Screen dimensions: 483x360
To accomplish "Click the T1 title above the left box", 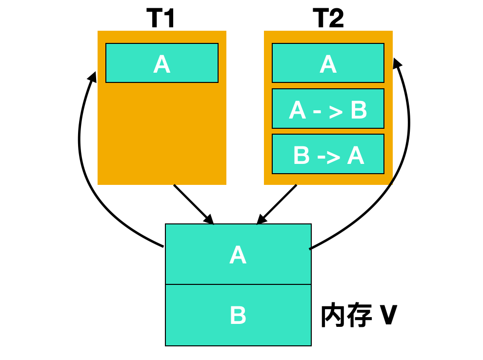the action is pyautogui.click(x=161, y=19).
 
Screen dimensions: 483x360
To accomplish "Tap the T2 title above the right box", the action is pyautogui.click(x=328, y=19).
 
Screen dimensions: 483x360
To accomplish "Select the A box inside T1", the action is pyautogui.click(x=162, y=63).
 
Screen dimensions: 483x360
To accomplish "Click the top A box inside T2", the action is pyautogui.click(x=328, y=63).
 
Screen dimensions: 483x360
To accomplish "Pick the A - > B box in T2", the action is pyautogui.click(x=328, y=108).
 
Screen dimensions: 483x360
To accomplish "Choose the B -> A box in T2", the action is pyautogui.click(x=328, y=154).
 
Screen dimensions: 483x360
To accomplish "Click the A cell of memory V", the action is pyautogui.click(x=238, y=254).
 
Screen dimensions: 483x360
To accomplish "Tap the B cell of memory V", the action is pyautogui.click(x=238, y=315).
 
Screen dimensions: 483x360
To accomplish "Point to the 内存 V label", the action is pyautogui.click(x=359, y=316).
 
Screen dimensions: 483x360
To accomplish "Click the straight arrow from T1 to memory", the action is pyautogui.click(x=194, y=204).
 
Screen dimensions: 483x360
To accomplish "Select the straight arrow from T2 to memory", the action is pyautogui.click(x=277, y=204).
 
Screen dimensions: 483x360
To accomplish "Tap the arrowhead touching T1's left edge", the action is pyautogui.click(x=92, y=77).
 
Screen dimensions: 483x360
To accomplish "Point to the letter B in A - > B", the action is pyautogui.click(x=359, y=110).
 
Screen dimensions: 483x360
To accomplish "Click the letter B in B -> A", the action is pyautogui.click(x=301, y=155).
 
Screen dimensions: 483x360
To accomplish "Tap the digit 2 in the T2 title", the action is pyautogui.click(x=336, y=19).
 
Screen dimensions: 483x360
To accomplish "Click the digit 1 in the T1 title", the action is pyautogui.click(x=169, y=19).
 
